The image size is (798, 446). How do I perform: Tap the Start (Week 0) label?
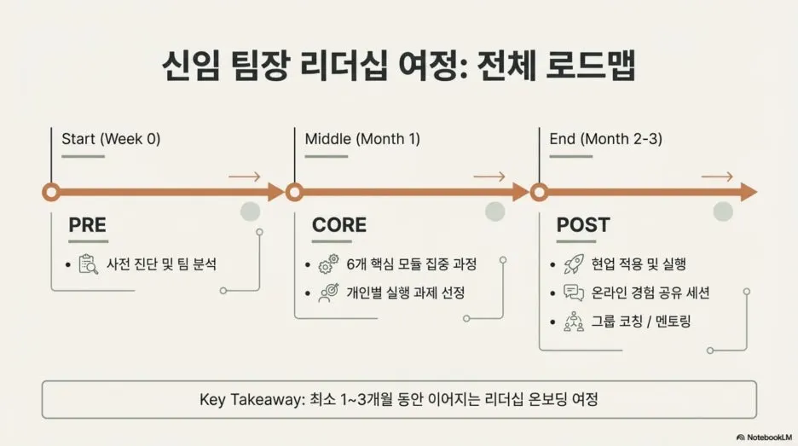[111, 138]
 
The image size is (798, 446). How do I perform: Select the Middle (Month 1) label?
[362, 138]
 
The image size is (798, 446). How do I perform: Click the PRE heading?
[88, 225]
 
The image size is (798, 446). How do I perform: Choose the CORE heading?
[339, 225]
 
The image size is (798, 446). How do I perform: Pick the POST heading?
[583, 225]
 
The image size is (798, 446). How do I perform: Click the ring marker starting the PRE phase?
[50, 192]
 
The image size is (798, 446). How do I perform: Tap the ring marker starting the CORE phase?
[294, 192]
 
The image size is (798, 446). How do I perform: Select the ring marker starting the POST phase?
[539, 192]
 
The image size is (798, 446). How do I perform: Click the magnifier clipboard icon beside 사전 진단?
[88, 264]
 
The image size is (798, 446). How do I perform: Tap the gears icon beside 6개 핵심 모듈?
[327, 264]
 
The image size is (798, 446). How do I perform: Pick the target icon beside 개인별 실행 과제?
[327, 293]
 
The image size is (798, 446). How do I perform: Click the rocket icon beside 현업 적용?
[573, 264]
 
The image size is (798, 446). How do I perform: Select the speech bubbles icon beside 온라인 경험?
[573, 293]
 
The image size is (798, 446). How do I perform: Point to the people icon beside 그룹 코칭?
[573, 322]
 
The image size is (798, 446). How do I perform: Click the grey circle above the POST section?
[723, 211]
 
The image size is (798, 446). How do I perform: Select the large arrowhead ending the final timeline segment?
[749, 192]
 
